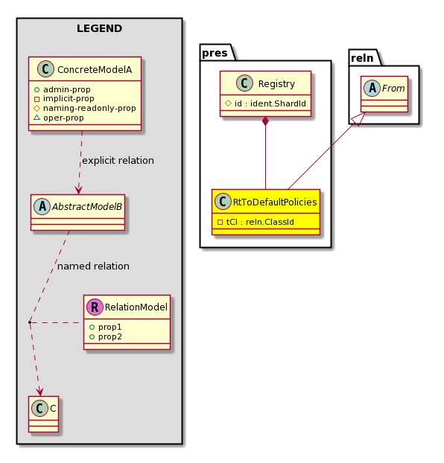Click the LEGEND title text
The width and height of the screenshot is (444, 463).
point(99,28)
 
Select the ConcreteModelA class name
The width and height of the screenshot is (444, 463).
point(95,70)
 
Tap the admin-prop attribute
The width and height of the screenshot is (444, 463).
point(67,89)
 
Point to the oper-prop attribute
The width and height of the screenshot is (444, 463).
point(63,118)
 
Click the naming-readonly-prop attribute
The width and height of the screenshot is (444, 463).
point(89,109)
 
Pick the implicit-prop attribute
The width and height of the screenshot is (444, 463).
point(69,98)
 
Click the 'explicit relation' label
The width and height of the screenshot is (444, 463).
point(118,161)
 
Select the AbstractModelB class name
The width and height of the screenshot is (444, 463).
point(87,207)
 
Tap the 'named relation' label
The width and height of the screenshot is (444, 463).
point(93,266)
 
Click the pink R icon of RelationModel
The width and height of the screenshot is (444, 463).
point(95,307)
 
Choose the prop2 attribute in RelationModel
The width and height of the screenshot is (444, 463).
point(110,337)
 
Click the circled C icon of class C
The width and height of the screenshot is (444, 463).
point(40,409)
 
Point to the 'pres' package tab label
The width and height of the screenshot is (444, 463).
point(215,53)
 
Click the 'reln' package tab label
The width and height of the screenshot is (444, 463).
point(362,58)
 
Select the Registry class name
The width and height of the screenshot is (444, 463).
point(276,84)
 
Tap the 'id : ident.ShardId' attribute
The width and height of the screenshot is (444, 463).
point(270,103)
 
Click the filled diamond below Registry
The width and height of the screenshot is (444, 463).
point(265,121)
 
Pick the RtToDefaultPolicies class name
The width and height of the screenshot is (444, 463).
point(275,202)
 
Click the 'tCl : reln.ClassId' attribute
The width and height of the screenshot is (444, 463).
point(260,222)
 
